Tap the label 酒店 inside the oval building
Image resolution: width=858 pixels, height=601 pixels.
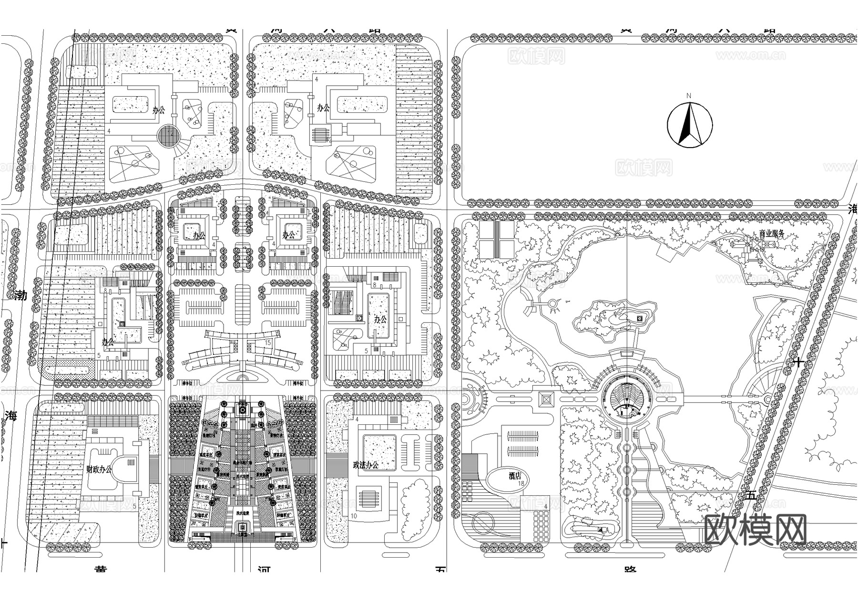(x=514, y=476)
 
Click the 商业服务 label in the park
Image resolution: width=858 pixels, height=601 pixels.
(x=767, y=234)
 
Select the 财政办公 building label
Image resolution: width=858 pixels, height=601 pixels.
(x=99, y=469)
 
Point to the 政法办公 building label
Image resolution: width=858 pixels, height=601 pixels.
(x=365, y=465)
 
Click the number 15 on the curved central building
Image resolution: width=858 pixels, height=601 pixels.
(x=268, y=342)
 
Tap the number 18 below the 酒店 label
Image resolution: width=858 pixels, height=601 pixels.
(x=521, y=483)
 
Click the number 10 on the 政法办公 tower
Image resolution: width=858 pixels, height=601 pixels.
(x=354, y=516)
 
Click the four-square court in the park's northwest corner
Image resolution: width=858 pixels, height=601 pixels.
(x=496, y=240)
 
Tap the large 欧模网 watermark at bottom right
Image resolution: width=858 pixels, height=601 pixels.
(x=756, y=530)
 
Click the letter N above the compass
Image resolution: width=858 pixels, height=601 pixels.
(x=688, y=96)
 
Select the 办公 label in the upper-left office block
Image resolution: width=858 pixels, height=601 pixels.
(x=158, y=110)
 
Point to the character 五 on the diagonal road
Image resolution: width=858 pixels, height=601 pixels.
(x=751, y=495)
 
